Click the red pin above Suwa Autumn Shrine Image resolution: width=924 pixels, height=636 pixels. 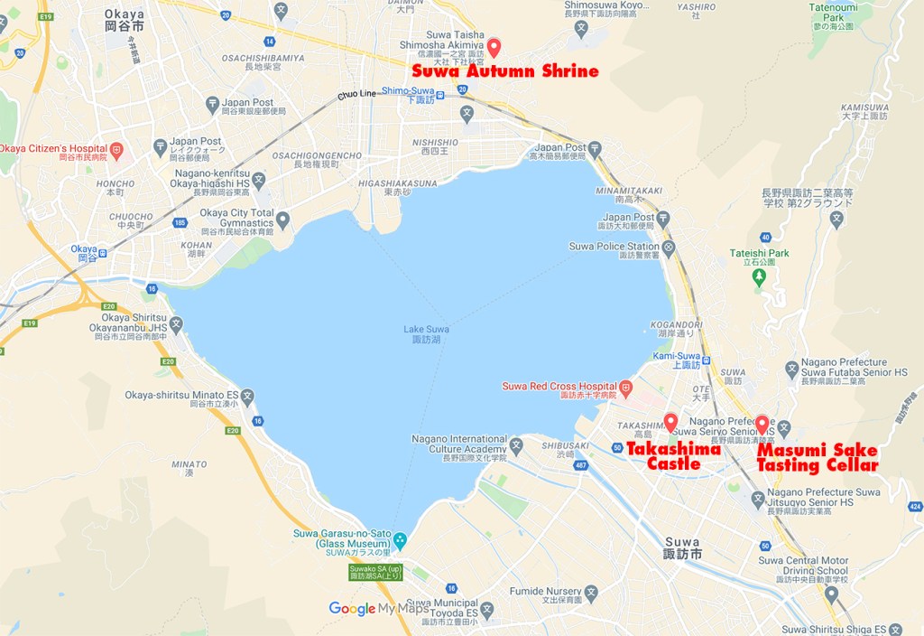click(x=493, y=47)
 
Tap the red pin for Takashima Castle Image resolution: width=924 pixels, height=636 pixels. click(x=670, y=422)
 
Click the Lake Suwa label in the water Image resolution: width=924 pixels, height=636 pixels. click(x=426, y=334)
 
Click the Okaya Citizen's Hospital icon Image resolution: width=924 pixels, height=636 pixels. click(x=115, y=149)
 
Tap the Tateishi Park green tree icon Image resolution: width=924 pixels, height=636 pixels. click(x=759, y=275)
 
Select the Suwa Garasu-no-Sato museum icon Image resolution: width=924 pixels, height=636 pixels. click(x=400, y=542)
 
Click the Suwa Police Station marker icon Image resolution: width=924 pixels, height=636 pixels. click(x=669, y=247)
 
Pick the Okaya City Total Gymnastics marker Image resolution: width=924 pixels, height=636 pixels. click(x=283, y=219)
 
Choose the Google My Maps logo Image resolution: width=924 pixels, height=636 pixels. click(x=378, y=608)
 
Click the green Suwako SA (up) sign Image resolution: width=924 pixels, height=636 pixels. click(x=376, y=571)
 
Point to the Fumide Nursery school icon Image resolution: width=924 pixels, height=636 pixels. click(x=591, y=594)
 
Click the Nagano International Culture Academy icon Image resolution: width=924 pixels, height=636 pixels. click(x=516, y=444)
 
